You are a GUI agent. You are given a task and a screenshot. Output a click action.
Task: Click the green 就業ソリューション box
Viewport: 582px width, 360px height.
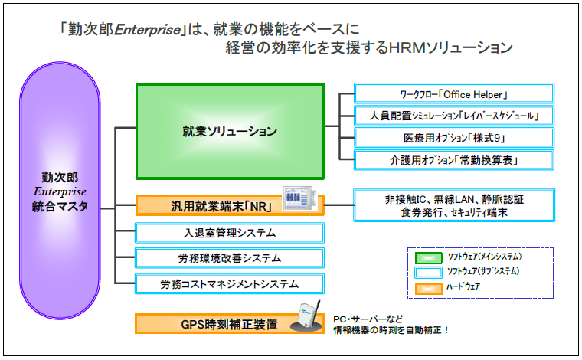[230, 131]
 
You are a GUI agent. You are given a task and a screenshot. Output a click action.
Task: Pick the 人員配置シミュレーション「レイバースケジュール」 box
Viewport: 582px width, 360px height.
[455, 116]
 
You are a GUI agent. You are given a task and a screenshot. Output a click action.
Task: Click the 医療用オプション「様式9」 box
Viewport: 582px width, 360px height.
[455, 138]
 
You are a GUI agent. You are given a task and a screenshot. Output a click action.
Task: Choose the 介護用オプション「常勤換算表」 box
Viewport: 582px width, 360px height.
[455, 160]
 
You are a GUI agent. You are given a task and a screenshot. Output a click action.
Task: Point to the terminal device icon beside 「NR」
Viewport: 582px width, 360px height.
[298, 198]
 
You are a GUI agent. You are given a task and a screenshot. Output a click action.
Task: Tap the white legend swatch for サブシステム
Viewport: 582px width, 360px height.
[429, 272]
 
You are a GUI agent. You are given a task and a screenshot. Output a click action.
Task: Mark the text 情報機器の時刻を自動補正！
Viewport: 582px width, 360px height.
[391, 331]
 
